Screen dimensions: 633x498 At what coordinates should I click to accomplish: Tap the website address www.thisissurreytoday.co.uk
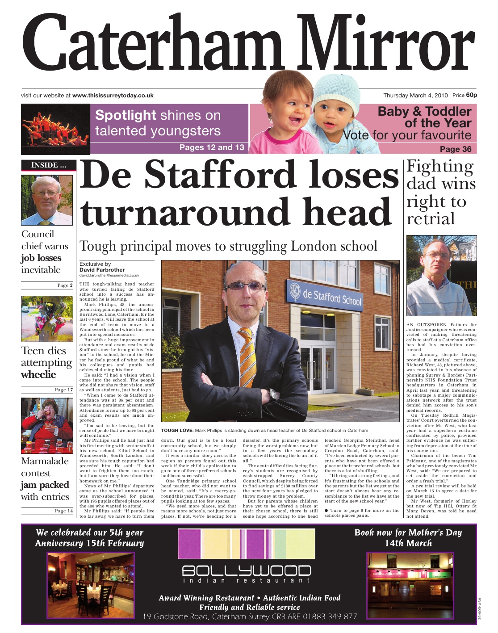coord(113,96)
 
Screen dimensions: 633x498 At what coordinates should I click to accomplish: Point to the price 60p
coord(471,95)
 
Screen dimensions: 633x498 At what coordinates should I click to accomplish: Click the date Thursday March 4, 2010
coord(415,96)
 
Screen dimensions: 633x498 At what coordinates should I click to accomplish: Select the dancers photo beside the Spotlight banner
coord(55,130)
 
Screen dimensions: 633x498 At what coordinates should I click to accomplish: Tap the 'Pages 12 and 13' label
coord(212,148)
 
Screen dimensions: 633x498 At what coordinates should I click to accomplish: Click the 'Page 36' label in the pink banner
coord(455,149)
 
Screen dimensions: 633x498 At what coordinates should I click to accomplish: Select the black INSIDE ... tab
coord(48,165)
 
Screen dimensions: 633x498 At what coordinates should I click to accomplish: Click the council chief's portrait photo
coord(46,200)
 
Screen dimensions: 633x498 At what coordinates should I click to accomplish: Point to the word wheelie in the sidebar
coord(38,375)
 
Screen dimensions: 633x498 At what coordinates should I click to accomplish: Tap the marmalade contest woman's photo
coord(46,425)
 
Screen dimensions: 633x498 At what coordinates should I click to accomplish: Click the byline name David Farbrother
coord(102,270)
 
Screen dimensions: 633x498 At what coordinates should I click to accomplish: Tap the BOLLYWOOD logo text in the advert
coord(247,571)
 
